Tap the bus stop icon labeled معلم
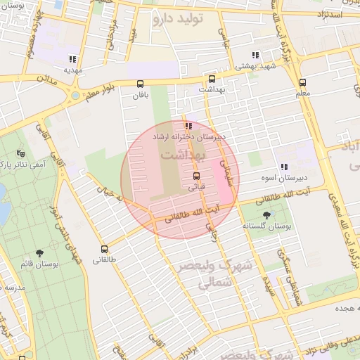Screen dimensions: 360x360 [x=302, y=82]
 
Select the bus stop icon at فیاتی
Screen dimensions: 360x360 [x=196, y=176]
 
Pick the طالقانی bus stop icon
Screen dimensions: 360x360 [x=105, y=248]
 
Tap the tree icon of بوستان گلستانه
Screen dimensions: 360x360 [x=266, y=215]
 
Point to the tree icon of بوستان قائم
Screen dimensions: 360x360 [x=39, y=252]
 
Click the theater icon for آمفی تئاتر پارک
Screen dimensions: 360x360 [x=20, y=153]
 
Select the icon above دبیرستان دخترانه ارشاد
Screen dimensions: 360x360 [x=188, y=126]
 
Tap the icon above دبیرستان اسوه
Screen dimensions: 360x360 [x=284, y=167]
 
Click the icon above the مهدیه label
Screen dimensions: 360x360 [x=72, y=59]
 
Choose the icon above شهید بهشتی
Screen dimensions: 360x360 [x=256, y=55]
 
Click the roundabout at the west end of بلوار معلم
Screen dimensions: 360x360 [x=75, y=95]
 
